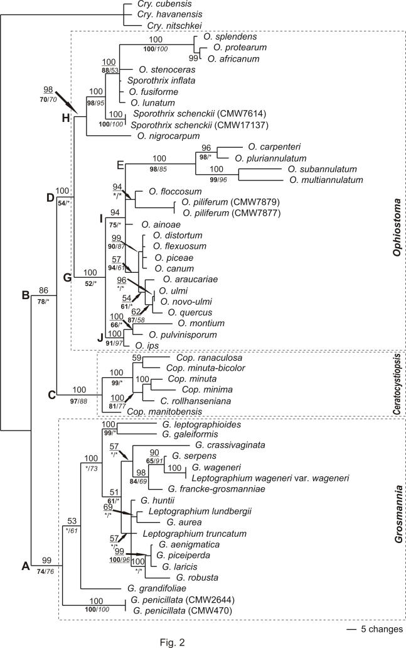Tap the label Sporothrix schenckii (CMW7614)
pyautogui.click(x=177, y=114)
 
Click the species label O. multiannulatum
pyautogui.click(x=327, y=180)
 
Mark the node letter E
pyautogui.click(x=119, y=165)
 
